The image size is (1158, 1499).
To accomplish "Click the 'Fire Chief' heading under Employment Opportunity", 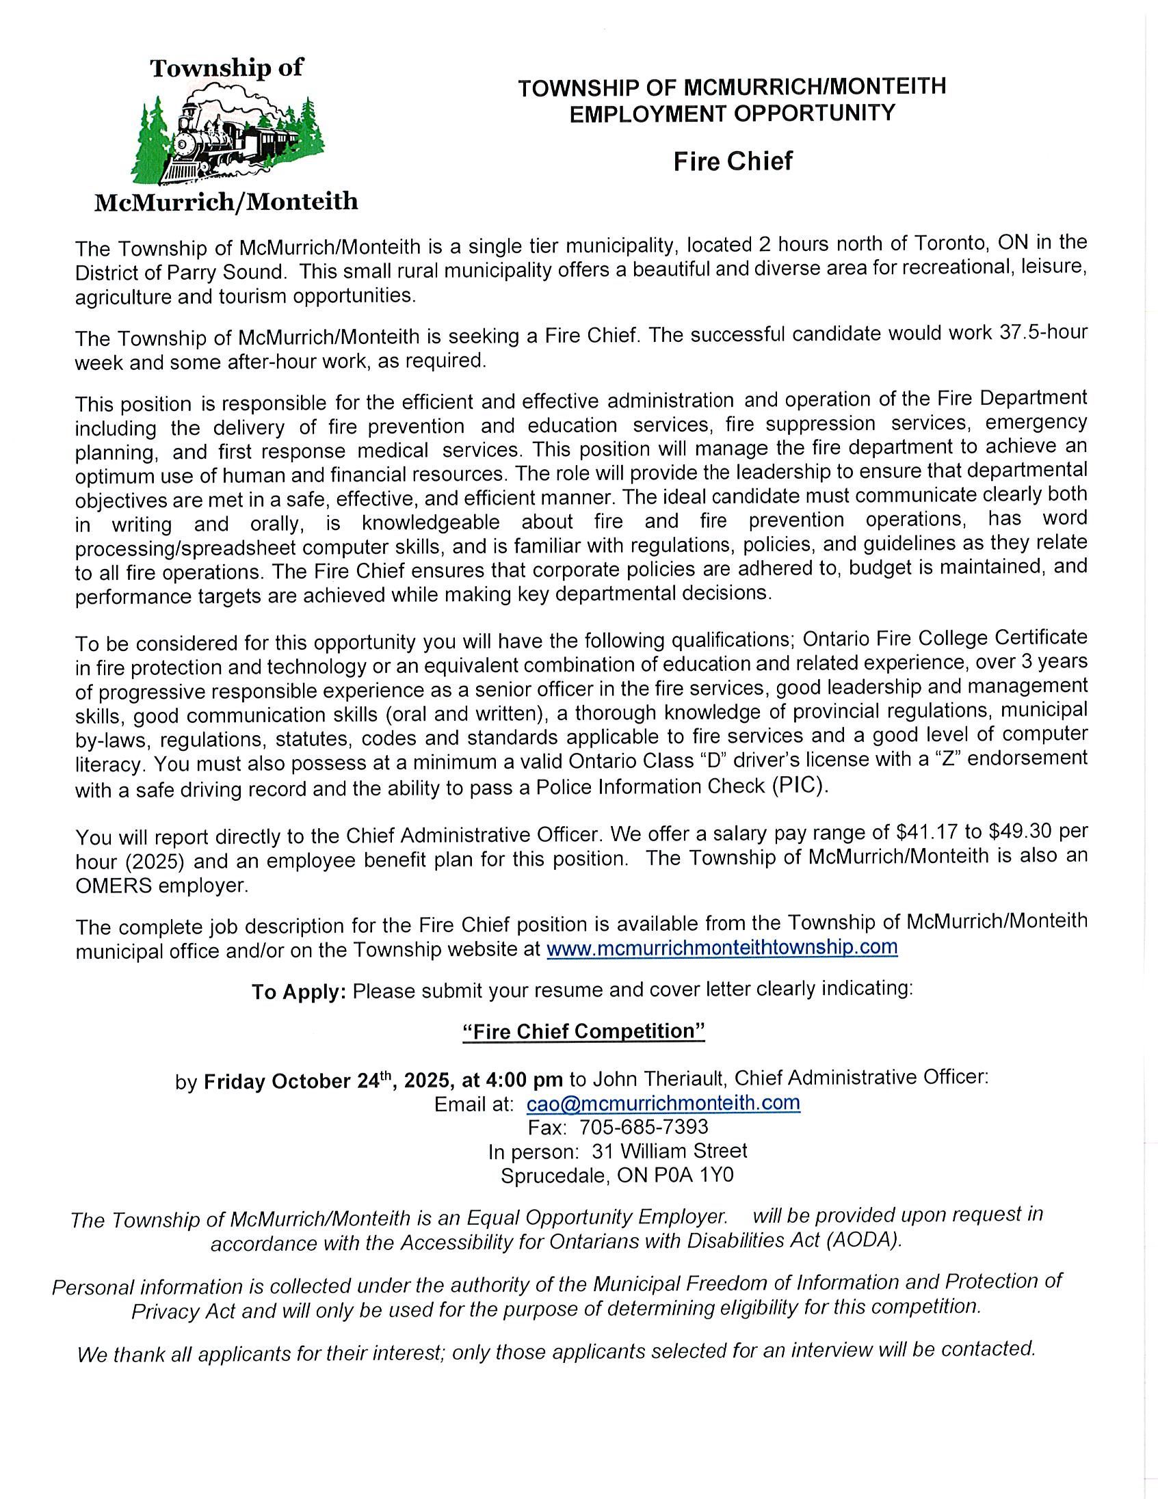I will pos(733,161).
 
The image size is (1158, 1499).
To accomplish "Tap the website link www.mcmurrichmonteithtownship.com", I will pos(722,947).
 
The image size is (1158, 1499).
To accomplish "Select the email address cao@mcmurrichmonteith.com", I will pos(663,1103).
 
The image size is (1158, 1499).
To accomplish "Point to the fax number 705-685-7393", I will pos(643,1127).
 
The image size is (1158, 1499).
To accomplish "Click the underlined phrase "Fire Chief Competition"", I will pos(584,1032).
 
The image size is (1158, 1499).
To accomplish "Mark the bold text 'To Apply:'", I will pos(299,992).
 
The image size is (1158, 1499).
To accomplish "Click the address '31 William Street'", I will pos(669,1151).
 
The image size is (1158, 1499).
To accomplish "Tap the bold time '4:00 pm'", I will pos(525,1080).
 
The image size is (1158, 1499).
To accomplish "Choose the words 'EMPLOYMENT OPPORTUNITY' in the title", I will pos(733,113).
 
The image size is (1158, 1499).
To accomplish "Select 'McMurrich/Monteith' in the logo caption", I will pos(226,202).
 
